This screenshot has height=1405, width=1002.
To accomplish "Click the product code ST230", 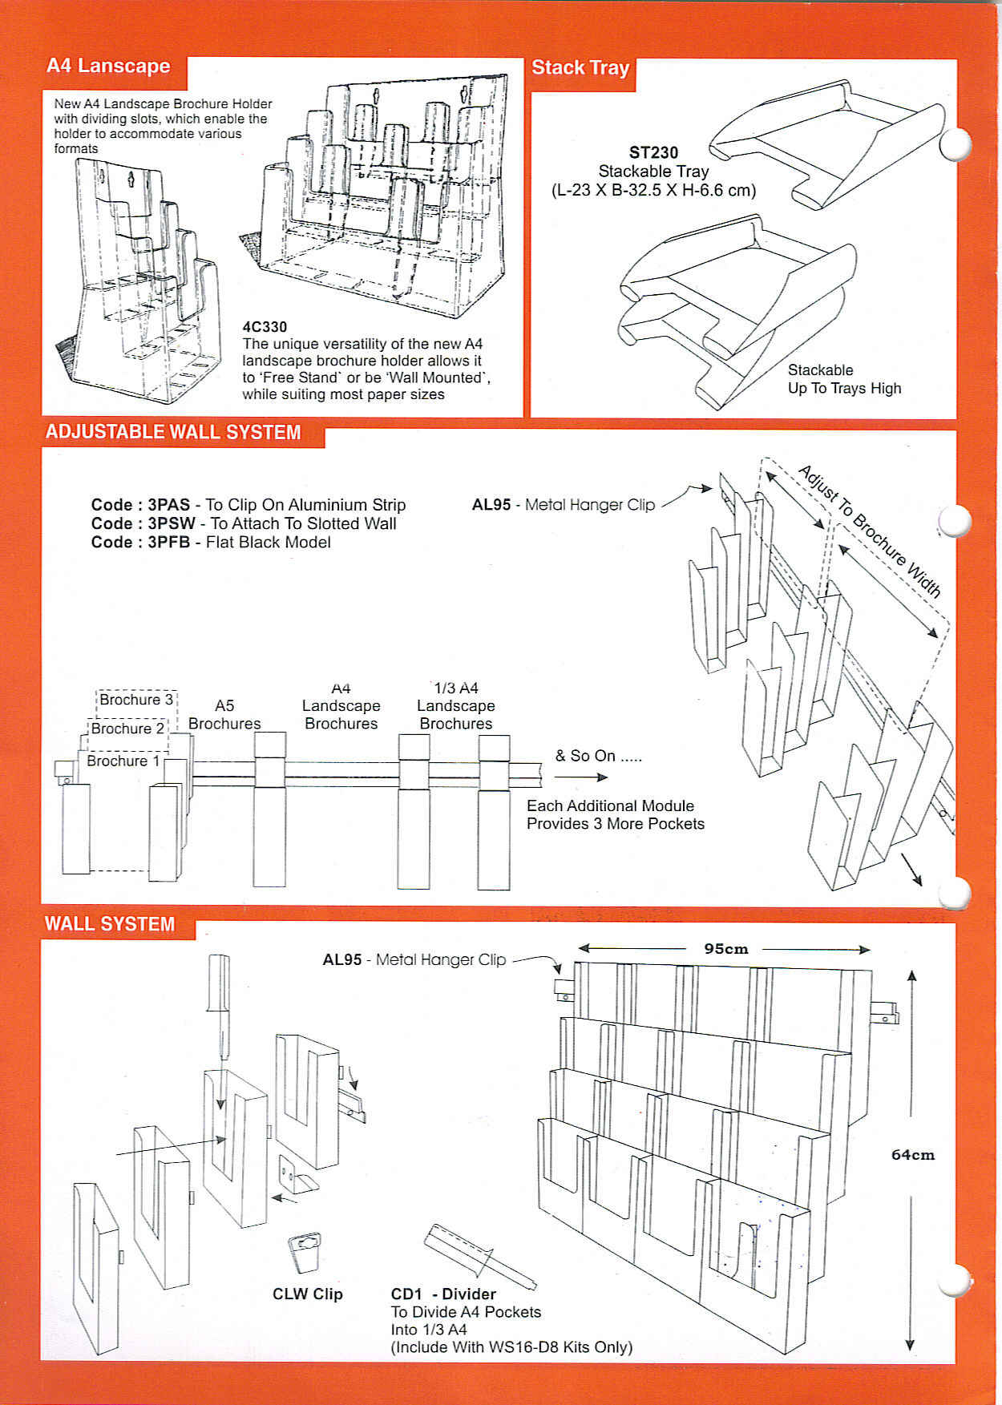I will pos(653,153).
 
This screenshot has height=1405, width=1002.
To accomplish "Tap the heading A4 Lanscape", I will pos(108,66).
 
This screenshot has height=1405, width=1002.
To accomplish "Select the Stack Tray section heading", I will pos(580,68).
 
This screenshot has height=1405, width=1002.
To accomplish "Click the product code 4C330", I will pos(265,327).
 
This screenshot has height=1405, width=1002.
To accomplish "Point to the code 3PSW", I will pos(168,523).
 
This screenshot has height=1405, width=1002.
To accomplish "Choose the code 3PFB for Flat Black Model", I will pos(168,543).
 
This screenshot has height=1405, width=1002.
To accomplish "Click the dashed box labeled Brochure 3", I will pos(136,700).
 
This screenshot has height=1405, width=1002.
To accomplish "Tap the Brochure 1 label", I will pos(123,761).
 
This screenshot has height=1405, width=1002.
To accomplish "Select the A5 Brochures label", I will pos(224,714).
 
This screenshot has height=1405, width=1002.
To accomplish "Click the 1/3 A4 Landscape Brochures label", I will pos(455,706).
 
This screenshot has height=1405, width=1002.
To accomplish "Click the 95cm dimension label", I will pos(725,949).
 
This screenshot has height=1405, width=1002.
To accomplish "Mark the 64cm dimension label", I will pos(913,1155).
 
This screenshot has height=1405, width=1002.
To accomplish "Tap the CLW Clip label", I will pos(307,1294).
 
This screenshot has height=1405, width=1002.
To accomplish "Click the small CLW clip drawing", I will pos(305,1251).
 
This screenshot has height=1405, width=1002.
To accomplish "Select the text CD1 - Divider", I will pos(443,1294).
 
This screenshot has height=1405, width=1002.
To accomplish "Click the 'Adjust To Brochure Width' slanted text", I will pos(870,531).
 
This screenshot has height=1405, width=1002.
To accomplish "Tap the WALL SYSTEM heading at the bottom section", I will pos(110,924).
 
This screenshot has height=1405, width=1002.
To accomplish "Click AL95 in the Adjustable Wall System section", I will pos(491,505).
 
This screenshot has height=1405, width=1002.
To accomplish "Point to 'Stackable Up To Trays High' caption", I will pos(843,379).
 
